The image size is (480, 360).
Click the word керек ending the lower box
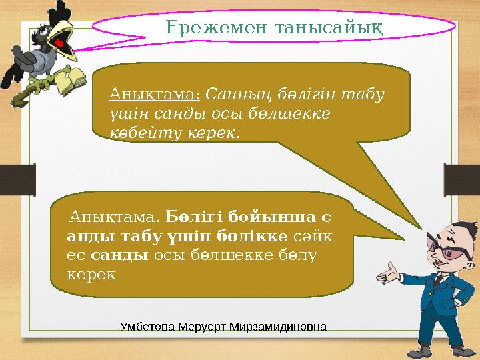tap(91, 274)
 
